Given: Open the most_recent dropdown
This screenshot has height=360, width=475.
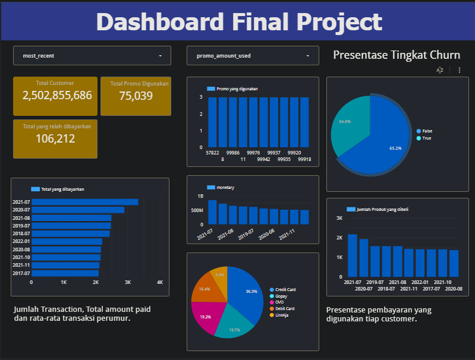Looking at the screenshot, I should click(92, 56).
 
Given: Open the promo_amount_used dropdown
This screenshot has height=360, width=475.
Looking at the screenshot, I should click(253, 56).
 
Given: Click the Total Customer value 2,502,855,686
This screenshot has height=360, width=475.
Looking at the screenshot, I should click(57, 95).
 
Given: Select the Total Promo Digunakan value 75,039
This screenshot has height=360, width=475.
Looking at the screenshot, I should click(136, 96).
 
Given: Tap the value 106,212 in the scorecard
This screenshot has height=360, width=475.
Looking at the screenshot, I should click(55, 138).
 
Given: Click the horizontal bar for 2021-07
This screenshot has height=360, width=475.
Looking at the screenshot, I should click(85, 202).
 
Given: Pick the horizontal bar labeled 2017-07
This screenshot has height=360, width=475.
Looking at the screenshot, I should click(65, 273).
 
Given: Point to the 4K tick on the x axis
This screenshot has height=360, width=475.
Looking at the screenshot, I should click(159, 283).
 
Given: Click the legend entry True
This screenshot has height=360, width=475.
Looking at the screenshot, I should click(426, 138).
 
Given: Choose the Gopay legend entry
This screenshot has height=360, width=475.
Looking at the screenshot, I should click(282, 296).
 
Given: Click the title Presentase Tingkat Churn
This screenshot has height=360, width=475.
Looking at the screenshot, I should click(397, 55).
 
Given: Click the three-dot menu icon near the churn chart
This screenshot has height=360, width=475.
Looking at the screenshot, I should click(459, 70).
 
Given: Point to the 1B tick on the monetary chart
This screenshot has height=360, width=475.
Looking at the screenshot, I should click(200, 196).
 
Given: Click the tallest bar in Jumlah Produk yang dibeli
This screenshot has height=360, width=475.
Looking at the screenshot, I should click(353, 255).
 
